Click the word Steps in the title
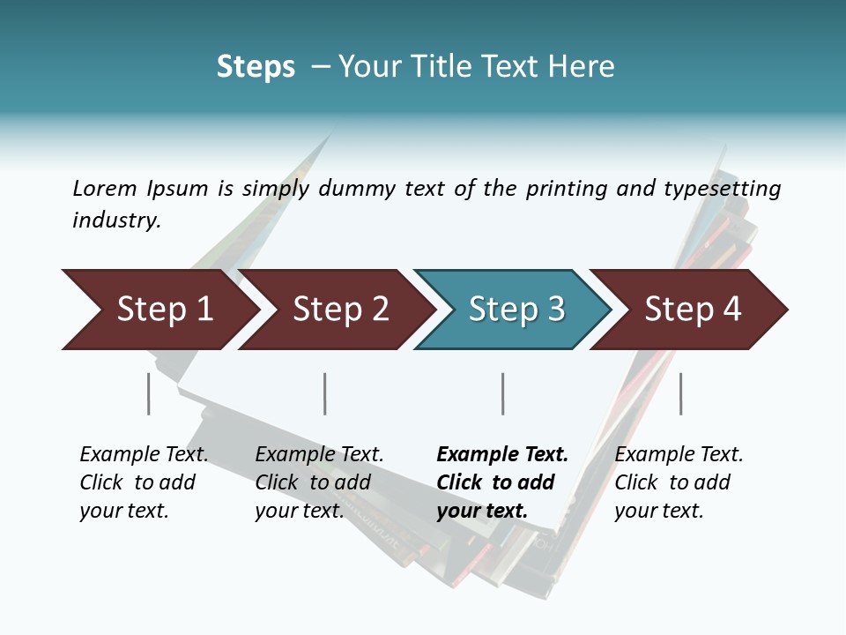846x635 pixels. [x=256, y=67]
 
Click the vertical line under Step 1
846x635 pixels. [x=149, y=393]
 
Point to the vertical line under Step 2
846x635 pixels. [x=325, y=393]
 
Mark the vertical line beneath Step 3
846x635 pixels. [x=503, y=393]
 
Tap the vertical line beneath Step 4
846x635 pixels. [x=681, y=393]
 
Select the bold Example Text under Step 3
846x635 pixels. [x=502, y=482]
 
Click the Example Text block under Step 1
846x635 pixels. [x=144, y=482]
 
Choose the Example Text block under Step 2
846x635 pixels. [x=319, y=482]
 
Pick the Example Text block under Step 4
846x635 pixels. [x=679, y=482]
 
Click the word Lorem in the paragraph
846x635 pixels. [x=105, y=188]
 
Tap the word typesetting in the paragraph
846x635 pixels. [x=722, y=189]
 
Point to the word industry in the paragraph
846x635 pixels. [x=116, y=220]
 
